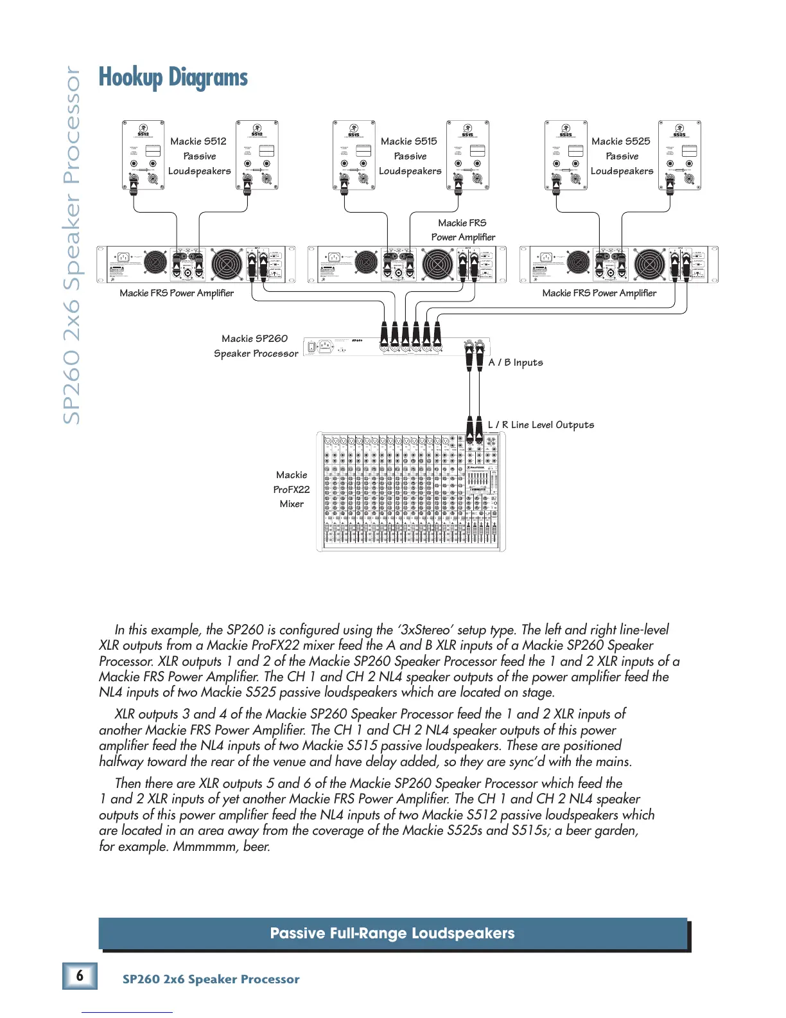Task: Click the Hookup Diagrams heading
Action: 173,78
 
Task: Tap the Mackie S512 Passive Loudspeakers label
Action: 199,156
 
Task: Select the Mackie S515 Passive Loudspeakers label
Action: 410,156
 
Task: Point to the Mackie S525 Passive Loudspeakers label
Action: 621,156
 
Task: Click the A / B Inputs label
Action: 516,362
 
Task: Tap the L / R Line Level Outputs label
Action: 541,425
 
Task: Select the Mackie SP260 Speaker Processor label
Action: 256,346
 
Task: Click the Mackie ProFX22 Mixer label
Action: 292,489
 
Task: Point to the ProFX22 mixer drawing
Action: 411,492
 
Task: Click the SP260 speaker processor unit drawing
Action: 396,346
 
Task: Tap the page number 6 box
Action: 80,976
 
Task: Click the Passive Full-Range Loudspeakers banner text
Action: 392,933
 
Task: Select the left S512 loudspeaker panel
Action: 143,156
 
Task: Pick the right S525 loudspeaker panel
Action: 679,156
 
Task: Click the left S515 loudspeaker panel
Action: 354,156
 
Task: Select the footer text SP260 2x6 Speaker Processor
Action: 211,979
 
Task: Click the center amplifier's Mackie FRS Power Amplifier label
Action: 463,230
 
